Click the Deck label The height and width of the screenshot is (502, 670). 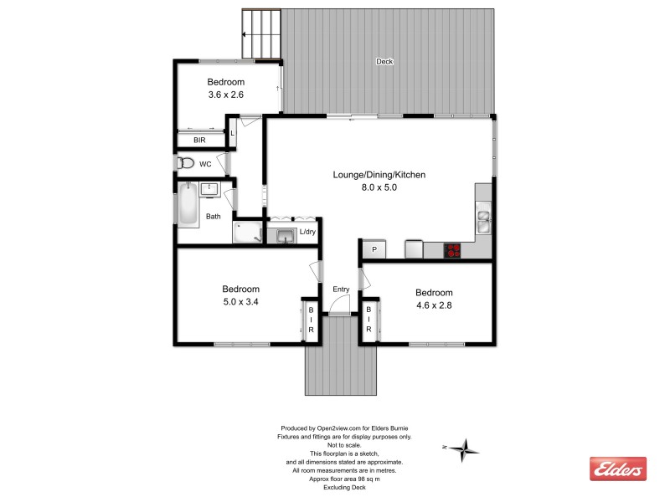click(x=384, y=61)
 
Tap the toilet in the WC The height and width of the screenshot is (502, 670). click(x=185, y=163)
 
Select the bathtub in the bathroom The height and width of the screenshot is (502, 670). click(x=188, y=205)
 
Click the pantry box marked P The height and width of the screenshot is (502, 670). click(x=373, y=249)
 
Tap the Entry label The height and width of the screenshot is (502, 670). click(x=341, y=289)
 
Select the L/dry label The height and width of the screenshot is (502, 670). click(x=307, y=232)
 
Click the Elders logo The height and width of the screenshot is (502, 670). click(x=618, y=469)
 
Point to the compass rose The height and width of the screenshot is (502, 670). click(x=464, y=449)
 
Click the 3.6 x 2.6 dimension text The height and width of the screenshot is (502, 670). click(x=226, y=95)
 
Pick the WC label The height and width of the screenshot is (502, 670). click(x=205, y=164)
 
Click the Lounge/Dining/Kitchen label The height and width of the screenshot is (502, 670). click(x=379, y=175)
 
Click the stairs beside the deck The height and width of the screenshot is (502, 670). click(x=262, y=34)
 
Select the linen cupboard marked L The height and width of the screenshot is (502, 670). click(x=233, y=134)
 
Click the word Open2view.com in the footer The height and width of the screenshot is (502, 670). click(x=338, y=427)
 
